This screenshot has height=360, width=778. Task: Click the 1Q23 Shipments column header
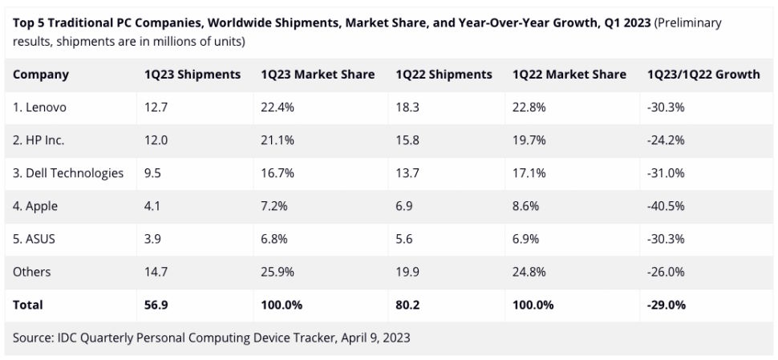point(192,75)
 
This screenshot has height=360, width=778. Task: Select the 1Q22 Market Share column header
point(569,75)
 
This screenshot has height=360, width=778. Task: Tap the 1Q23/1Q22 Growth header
point(703,75)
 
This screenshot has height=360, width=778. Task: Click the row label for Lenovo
point(38,107)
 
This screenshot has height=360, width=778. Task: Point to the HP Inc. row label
point(38,140)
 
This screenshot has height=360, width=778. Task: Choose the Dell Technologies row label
point(68,173)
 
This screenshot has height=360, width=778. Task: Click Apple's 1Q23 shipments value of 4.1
point(152,206)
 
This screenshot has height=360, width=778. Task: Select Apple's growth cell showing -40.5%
point(665,206)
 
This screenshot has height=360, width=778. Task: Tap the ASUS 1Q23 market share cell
point(277,239)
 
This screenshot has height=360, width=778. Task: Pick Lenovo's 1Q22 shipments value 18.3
point(407,107)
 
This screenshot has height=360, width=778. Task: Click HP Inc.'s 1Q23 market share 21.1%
point(278,140)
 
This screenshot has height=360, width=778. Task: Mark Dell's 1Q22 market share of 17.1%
point(529,173)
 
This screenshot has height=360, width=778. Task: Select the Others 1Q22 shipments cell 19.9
point(407,272)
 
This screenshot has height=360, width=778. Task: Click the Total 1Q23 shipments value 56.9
point(156,305)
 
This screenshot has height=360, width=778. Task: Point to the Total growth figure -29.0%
point(667,305)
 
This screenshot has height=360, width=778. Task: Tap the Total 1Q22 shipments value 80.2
point(409,305)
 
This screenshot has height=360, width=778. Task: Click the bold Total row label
point(28,305)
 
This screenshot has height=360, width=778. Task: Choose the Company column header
point(41,75)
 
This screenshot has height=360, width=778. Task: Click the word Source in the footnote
point(33,338)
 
